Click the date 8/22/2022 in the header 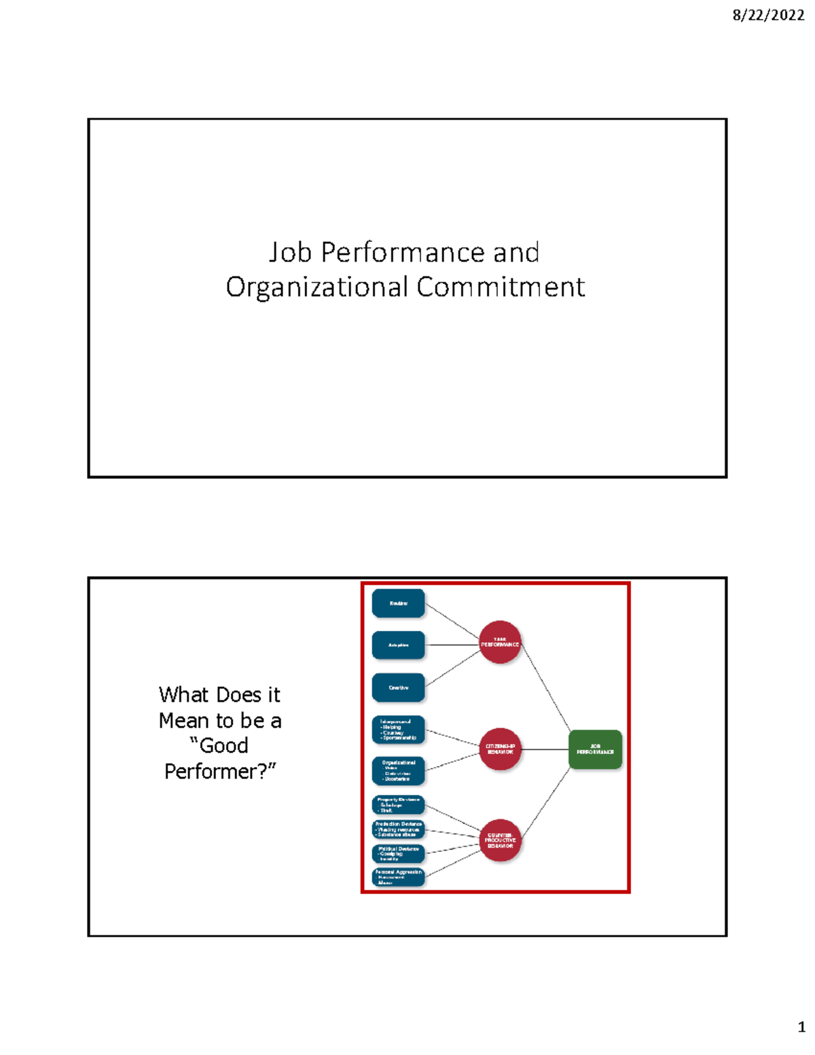tap(768, 15)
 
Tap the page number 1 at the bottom tap(801, 1026)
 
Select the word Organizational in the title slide tap(316, 287)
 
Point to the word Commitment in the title tap(501, 287)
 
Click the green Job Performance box tap(595, 749)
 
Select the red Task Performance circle tap(500, 642)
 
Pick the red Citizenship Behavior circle tap(500, 749)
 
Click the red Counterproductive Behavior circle tap(500, 840)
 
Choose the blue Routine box tap(398, 603)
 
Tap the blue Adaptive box tap(398, 645)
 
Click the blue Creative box tap(398, 687)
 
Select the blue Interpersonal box tap(398, 730)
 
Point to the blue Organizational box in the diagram tap(398, 771)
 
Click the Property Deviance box tap(398, 805)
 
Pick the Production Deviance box tap(398, 829)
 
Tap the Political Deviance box tap(398, 853)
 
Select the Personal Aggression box tap(398, 876)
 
